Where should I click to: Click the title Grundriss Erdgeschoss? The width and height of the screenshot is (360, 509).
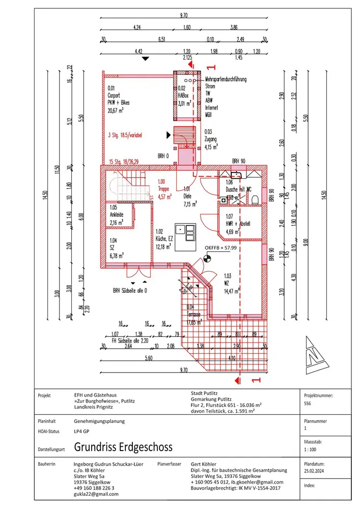tap(123, 447)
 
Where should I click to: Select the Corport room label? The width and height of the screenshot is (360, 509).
tap(114, 95)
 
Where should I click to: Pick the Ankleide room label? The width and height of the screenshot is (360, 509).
tap(117, 215)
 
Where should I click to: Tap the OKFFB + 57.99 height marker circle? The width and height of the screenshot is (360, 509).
tap(207, 258)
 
